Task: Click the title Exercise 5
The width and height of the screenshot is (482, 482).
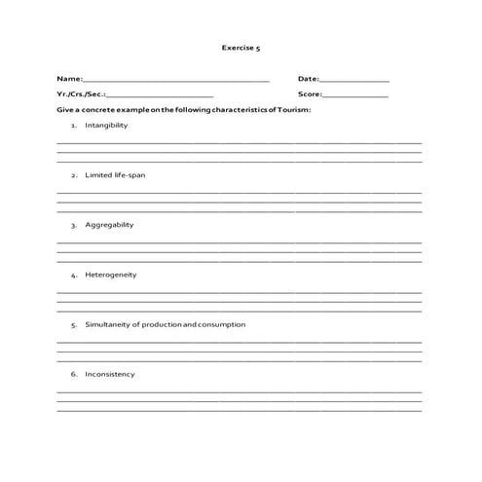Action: [x=241, y=46]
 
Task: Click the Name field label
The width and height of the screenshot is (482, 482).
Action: [x=68, y=78]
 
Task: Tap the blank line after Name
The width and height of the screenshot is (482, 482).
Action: [x=176, y=80]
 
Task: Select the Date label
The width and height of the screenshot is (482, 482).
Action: [x=308, y=78]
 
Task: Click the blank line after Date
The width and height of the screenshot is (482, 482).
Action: [x=354, y=80]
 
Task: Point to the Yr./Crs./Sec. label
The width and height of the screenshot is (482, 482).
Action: [x=80, y=94]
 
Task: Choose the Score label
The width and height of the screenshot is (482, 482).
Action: [x=310, y=94]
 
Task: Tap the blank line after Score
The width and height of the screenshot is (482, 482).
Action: [x=355, y=96]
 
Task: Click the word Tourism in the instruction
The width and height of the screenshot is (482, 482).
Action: [x=294, y=111]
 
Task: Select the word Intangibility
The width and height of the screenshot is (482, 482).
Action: [x=106, y=126]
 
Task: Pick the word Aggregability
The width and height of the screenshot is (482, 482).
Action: [x=109, y=225]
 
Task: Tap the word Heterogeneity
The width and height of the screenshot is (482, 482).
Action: [x=111, y=275]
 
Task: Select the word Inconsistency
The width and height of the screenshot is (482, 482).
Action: [x=110, y=374]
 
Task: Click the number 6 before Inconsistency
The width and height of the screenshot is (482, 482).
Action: [x=73, y=374]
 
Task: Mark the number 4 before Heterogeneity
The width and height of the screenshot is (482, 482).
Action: [x=73, y=275]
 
